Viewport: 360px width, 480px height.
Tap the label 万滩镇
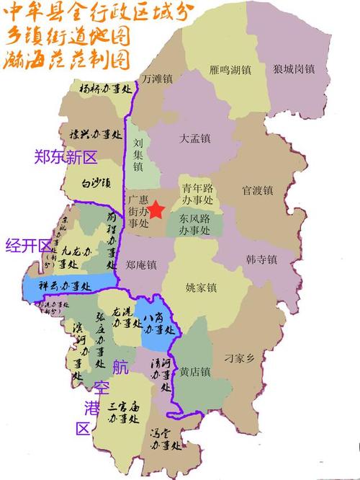[156, 78]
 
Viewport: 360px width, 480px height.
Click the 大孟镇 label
[195, 138]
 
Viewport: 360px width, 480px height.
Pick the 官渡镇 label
[257, 191]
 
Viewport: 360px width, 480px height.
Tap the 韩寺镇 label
[261, 257]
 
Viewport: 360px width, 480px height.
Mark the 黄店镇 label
[195, 372]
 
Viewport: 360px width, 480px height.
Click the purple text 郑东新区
[65, 157]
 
